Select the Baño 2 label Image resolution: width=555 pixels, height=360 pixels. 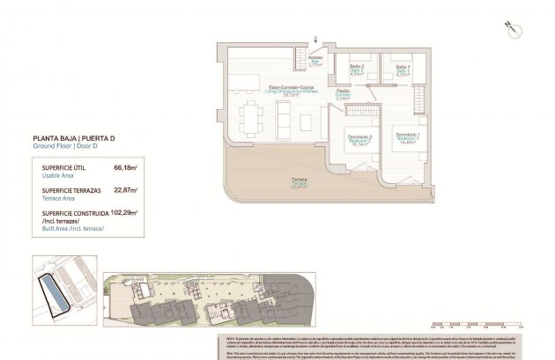(x=357, y=70)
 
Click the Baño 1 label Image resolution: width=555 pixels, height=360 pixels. (x=402, y=71)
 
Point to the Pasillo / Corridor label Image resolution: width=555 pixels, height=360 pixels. (x=344, y=95)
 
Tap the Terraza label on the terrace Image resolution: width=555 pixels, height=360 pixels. (x=300, y=182)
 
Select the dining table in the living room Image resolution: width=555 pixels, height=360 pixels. (x=252, y=114)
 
